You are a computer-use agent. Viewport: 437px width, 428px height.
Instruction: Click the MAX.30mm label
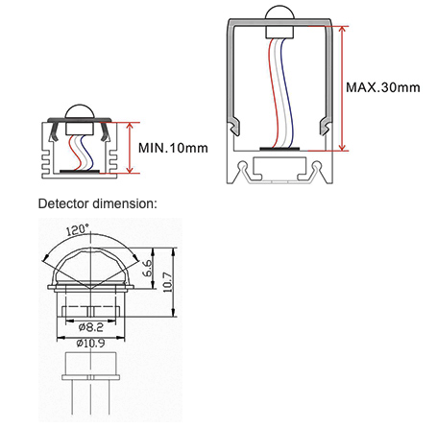click(383, 87)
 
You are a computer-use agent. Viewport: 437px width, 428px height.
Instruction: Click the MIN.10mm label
click(173, 148)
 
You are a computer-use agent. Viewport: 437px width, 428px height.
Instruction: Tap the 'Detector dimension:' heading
click(98, 203)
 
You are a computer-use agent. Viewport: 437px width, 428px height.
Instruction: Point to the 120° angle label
click(77, 229)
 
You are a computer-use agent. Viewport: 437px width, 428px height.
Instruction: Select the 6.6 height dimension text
click(148, 268)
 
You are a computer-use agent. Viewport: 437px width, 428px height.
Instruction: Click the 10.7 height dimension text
click(167, 282)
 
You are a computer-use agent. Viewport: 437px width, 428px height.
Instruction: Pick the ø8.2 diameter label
click(90, 327)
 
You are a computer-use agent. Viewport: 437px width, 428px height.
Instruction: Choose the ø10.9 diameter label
click(90, 344)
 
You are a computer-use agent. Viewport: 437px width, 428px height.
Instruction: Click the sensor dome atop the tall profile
click(279, 12)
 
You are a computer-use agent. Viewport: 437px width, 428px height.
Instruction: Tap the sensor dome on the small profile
click(80, 111)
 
